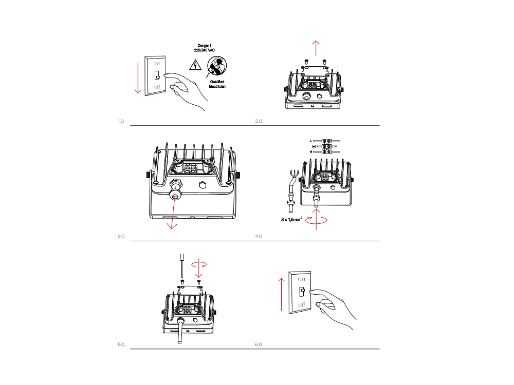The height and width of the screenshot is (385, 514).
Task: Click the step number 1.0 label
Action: [121, 122]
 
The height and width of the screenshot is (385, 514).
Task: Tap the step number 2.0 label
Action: [259, 122]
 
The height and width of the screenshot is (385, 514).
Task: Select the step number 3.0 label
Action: [121, 237]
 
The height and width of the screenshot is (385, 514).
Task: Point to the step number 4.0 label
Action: [259, 237]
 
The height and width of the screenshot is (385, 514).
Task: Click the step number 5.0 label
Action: [121, 344]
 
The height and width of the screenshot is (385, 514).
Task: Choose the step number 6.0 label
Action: [259, 344]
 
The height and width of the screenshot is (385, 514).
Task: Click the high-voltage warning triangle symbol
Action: [195, 65]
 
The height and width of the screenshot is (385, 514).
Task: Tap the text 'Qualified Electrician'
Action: [217, 84]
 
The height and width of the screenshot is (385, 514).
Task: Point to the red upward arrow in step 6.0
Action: [282, 293]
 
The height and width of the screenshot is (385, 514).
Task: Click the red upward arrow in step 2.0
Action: [316, 47]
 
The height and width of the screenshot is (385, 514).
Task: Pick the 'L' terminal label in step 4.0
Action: [311, 140]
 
